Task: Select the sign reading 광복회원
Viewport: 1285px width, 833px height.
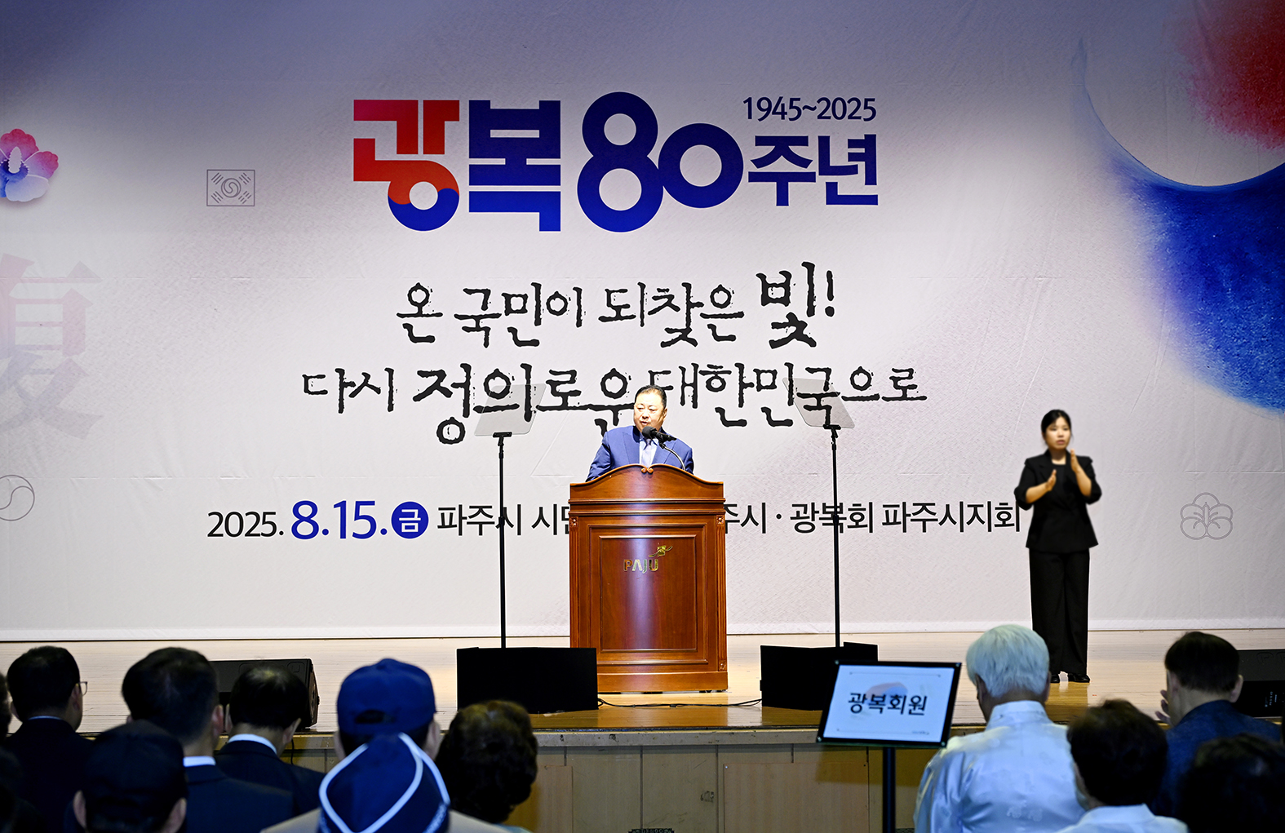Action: coord(888,702)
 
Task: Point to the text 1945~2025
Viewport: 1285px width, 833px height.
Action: coord(809,109)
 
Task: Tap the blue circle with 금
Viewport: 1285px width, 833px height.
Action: coord(410,520)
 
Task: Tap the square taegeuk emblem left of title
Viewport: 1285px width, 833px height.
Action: coord(230,188)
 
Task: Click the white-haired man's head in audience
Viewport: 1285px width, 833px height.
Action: coord(1008,661)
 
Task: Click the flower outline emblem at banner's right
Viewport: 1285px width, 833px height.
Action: coord(1206,516)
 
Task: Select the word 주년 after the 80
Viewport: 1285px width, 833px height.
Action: coord(813,171)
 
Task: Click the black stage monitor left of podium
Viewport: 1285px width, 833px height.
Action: coord(526,677)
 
